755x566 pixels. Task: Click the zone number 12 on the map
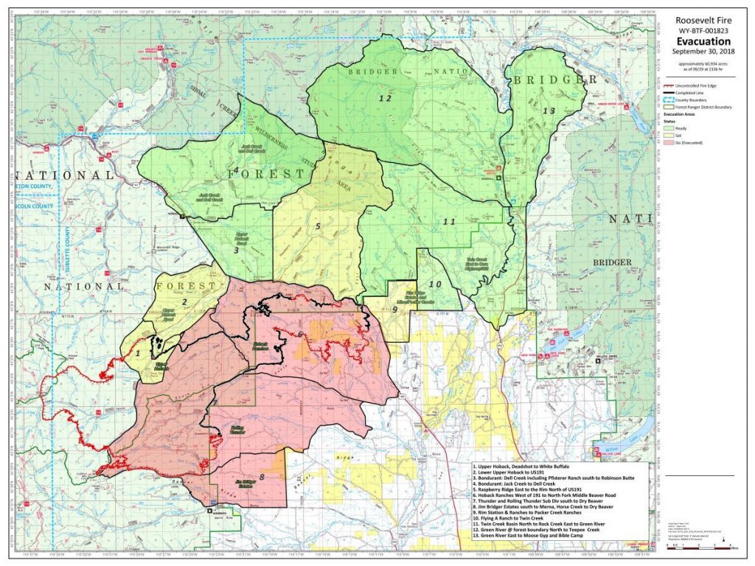click(384, 97)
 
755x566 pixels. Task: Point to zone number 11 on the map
click(449, 221)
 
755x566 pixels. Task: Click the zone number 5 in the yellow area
click(318, 226)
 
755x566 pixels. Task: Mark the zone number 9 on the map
click(394, 310)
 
